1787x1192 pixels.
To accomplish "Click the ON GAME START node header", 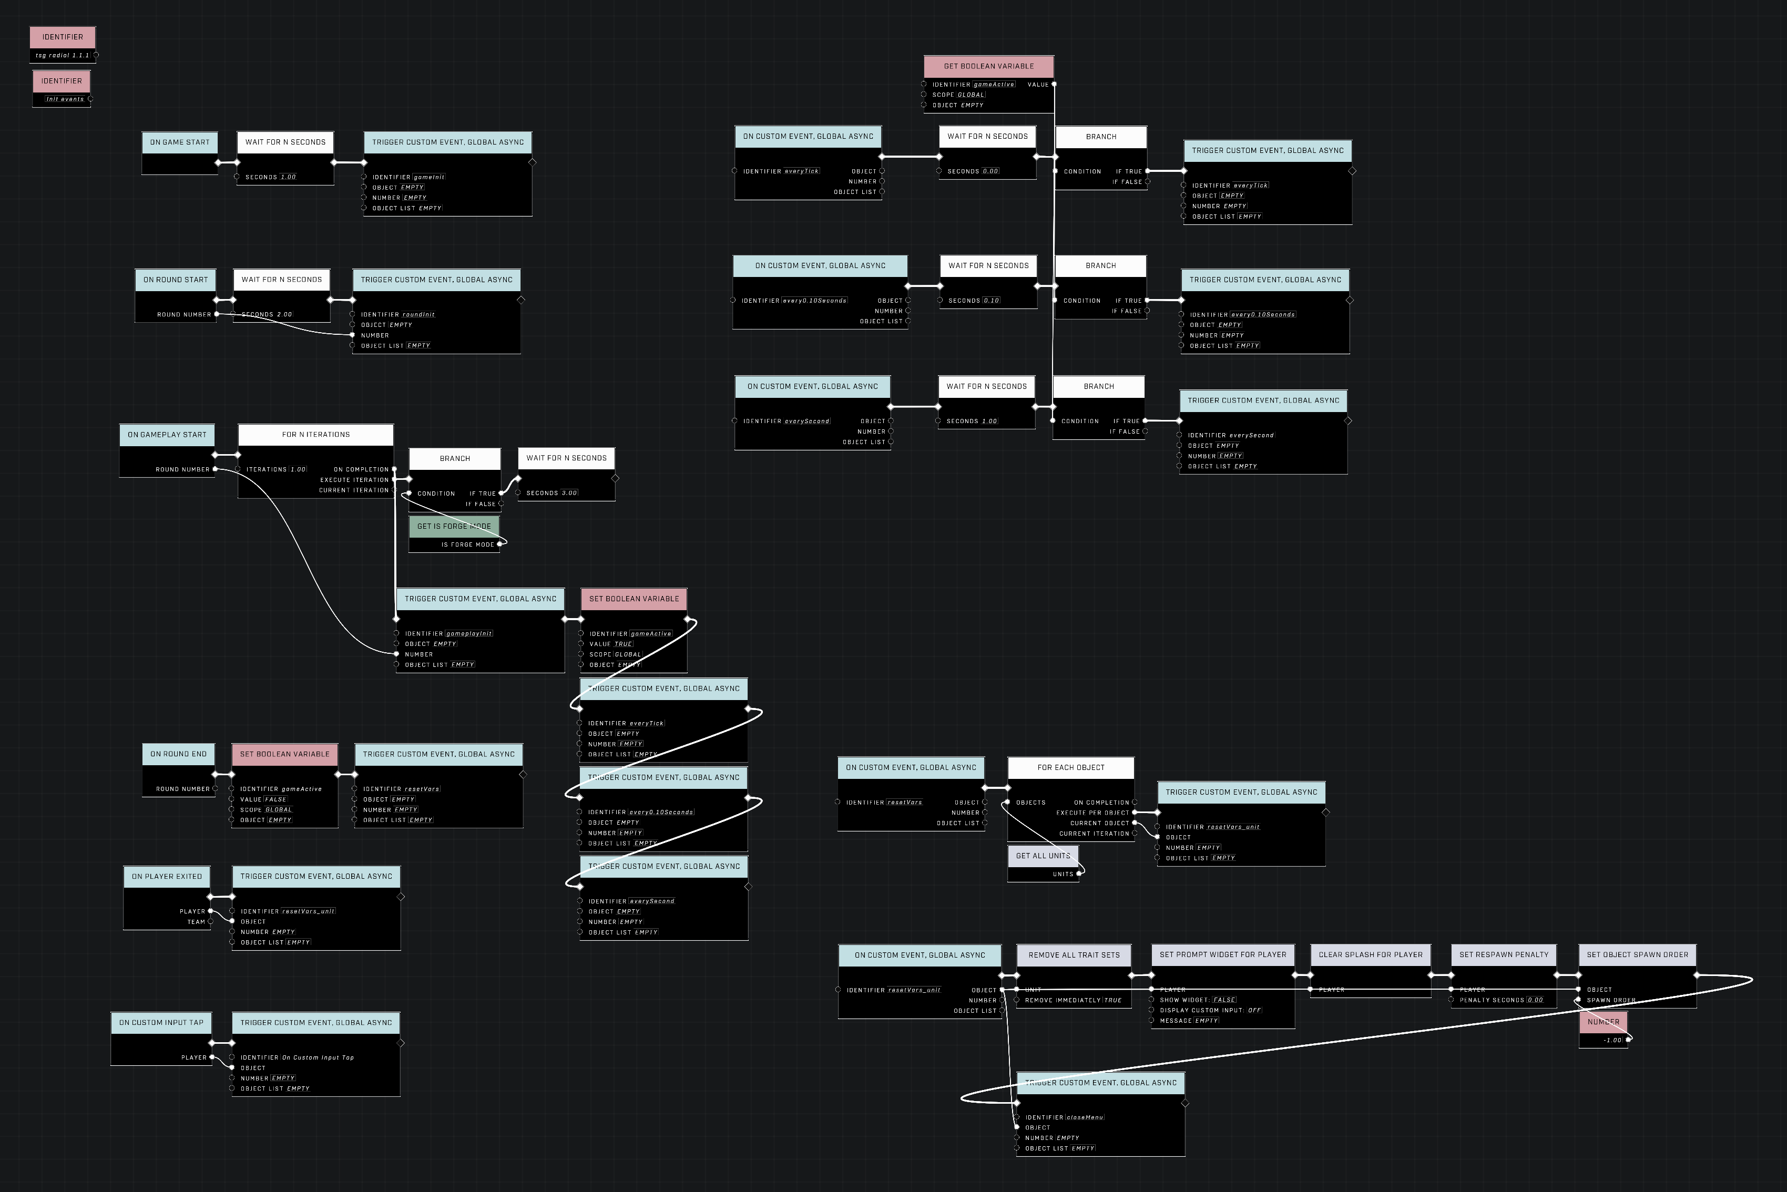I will (179, 142).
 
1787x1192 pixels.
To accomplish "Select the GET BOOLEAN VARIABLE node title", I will (988, 66).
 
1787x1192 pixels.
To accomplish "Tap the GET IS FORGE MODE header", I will (454, 526).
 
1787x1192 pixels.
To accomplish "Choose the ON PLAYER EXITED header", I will (167, 877).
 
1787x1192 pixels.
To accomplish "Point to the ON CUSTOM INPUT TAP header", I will (161, 1022).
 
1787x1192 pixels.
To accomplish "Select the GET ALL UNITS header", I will (1043, 856).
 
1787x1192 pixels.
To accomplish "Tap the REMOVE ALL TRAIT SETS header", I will (1074, 955).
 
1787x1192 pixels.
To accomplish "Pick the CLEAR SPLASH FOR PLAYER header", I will (1370, 955).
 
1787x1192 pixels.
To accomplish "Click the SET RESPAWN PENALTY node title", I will (1503, 955).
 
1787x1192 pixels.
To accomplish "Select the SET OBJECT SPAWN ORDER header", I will (1637, 955).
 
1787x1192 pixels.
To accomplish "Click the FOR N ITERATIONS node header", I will (315, 435).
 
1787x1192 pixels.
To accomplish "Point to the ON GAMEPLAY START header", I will (167, 435).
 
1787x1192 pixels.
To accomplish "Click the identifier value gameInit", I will (429, 177).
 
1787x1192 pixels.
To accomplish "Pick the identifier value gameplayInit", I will (469, 634).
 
